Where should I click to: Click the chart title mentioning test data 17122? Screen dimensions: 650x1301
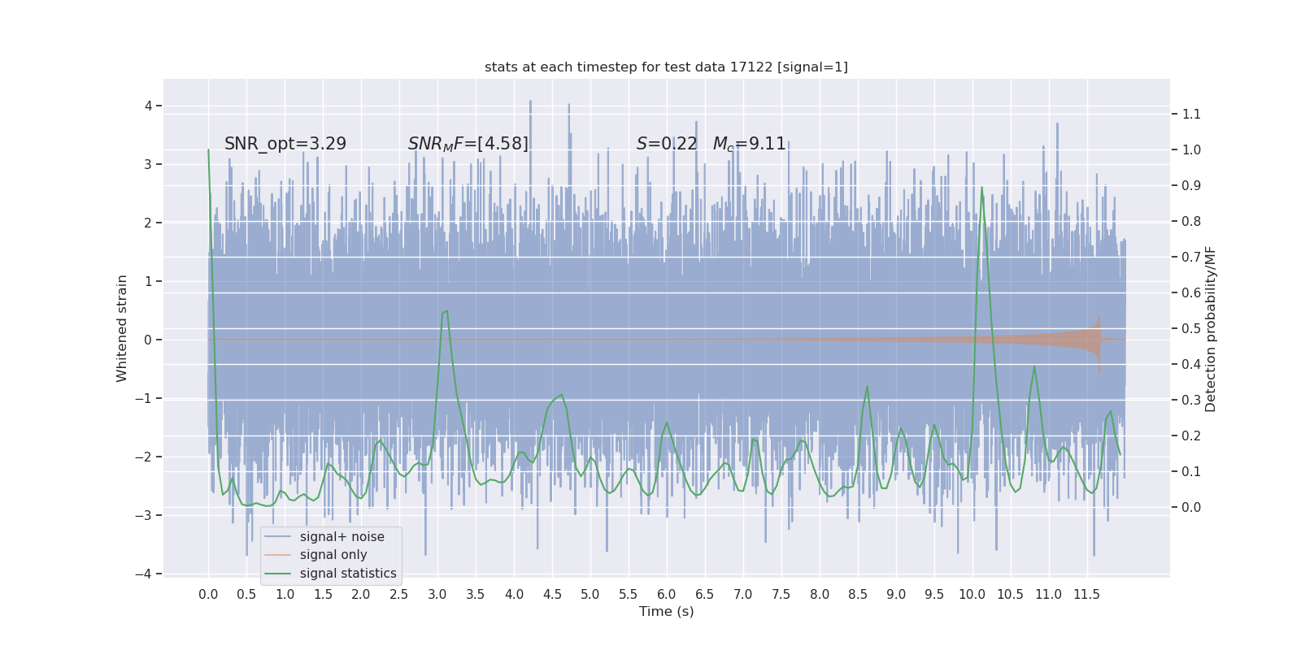[666, 67]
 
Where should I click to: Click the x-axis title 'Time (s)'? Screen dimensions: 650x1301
[666, 612]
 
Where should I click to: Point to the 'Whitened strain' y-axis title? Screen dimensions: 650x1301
[122, 328]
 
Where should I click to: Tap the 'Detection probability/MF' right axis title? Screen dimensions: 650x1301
[1211, 329]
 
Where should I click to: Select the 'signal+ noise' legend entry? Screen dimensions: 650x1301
[342, 537]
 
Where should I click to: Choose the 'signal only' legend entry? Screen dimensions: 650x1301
[333, 555]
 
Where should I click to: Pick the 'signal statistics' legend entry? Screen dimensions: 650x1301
[348, 574]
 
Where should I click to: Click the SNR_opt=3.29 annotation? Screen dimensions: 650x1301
[285, 144]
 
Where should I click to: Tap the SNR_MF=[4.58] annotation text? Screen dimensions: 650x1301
[468, 144]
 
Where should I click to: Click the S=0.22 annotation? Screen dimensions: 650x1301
[667, 144]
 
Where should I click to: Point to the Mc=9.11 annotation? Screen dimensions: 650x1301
[749, 144]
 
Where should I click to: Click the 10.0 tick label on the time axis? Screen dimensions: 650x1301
[972, 595]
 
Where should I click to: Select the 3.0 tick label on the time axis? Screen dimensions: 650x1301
[437, 595]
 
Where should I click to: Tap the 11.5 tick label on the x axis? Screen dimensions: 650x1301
[1086, 595]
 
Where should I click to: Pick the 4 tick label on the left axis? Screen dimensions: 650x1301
[149, 106]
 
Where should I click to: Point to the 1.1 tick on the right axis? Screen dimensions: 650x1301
[1191, 115]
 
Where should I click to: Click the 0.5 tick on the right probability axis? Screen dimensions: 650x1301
[1191, 329]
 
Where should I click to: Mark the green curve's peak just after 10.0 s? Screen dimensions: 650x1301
[982, 188]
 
